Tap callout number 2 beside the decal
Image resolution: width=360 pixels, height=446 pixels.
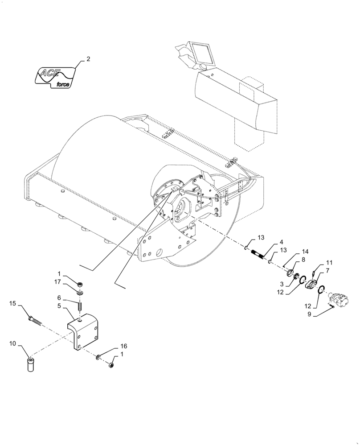pos(88,59)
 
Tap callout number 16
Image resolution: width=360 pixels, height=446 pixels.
pos(123,347)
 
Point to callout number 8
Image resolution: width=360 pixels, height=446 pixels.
pos(303,259)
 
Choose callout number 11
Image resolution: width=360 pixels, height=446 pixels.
pos(329,263)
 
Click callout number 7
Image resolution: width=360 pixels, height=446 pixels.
pos(327,270)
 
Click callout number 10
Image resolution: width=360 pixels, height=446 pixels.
pos(12,343)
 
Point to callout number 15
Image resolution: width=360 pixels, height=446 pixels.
pos(12,303)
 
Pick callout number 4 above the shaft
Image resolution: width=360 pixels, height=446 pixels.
pos(281,243)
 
